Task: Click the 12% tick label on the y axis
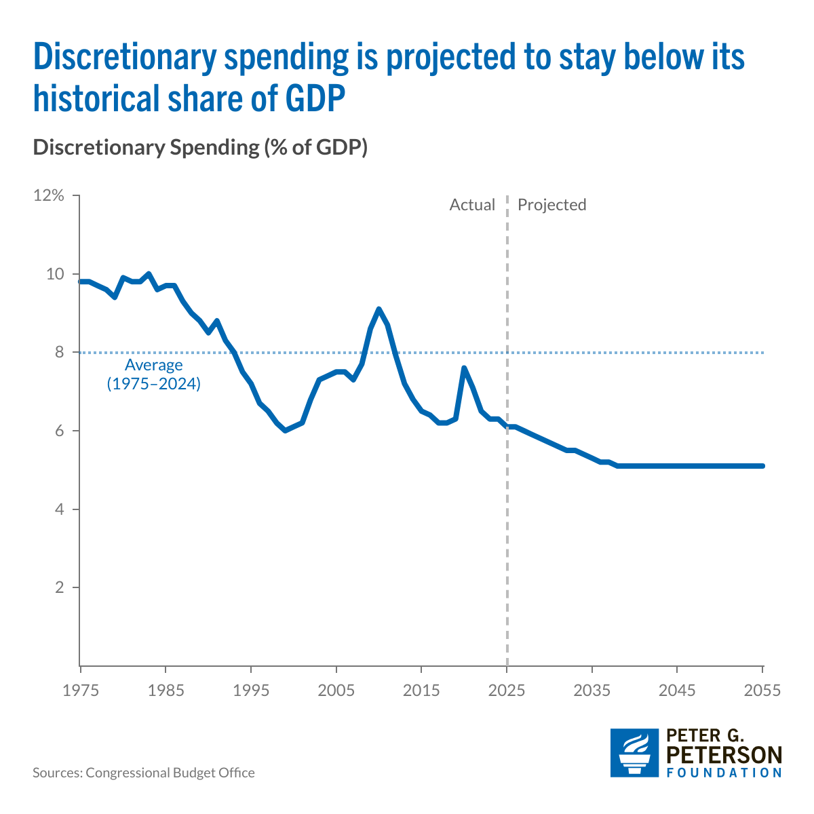coord(49,196)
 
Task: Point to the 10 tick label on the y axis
coord(56,274)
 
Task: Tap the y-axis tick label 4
coord(60,509)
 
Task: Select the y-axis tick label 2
coord(60,587)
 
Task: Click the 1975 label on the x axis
coord(81,691)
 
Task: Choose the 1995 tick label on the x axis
coord(251,691)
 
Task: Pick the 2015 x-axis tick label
coord(422,691)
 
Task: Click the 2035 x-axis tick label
coord(592,691)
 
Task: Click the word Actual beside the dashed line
coord(472,205)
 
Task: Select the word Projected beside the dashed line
coord(551,205)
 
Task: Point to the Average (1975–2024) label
coord(154,374)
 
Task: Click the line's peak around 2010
coord(379,310)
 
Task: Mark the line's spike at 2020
coord(464,368)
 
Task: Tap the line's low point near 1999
coord(285,430)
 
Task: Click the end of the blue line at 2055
coord(762,466)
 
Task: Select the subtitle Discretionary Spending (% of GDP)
coord(200,148)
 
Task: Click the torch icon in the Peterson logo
coord(634,753)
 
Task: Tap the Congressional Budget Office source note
coord(144,773)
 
